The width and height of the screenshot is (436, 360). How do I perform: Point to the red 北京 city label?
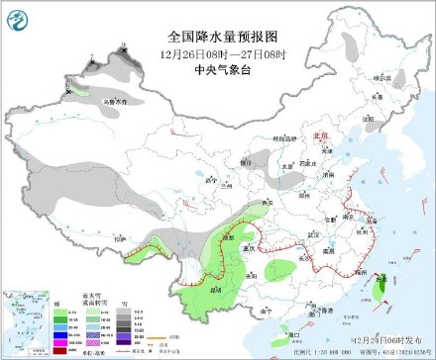coord(319,136)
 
